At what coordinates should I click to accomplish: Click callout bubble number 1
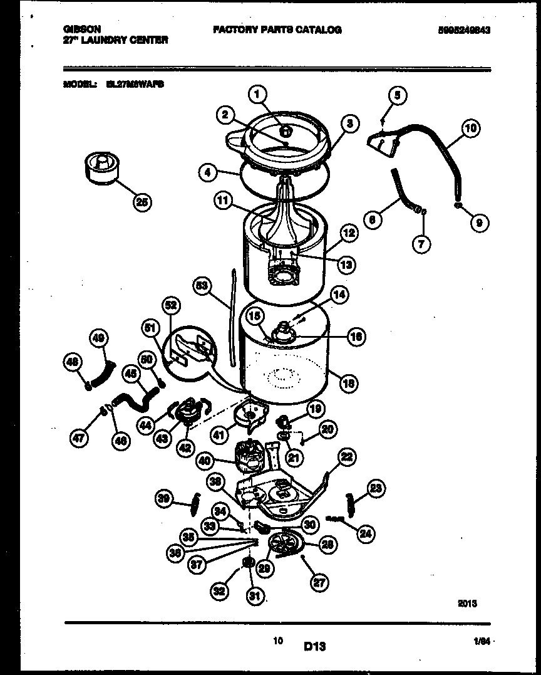[x=257, y=95]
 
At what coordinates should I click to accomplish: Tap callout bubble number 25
[x=143, y=201]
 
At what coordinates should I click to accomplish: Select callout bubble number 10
[x=470, y=129]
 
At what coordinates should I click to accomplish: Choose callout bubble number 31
[x=254, y=596]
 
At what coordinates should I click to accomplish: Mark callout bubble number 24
[x=366, y=534]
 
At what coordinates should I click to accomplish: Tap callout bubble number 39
[x=163, y=499]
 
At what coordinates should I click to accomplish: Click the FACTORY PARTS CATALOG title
[x=277, y=29]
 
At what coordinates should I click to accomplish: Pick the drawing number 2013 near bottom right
[x=468, y=604]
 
